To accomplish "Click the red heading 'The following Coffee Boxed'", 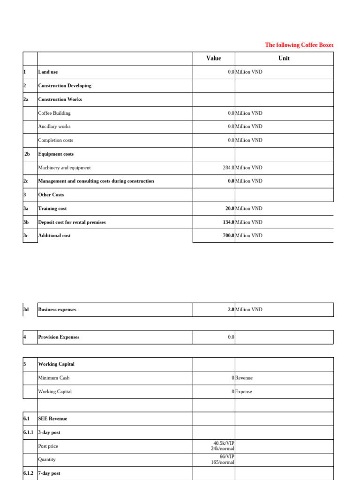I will [299, 45].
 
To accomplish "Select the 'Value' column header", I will [213, 58].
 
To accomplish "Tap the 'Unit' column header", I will [284, 58].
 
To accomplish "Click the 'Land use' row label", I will [48, 72].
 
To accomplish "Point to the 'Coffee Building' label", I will [54, 113].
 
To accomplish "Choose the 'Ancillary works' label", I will [54, 127].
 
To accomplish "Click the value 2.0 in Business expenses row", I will [231, 310].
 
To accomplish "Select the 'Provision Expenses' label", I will [59, 337].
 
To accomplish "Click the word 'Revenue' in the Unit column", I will [244, 378].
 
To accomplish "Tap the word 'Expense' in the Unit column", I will [243, 391].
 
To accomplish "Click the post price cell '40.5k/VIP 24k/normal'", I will [224, 446].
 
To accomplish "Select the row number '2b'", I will [27, 154].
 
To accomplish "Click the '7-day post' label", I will [49, 473].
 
